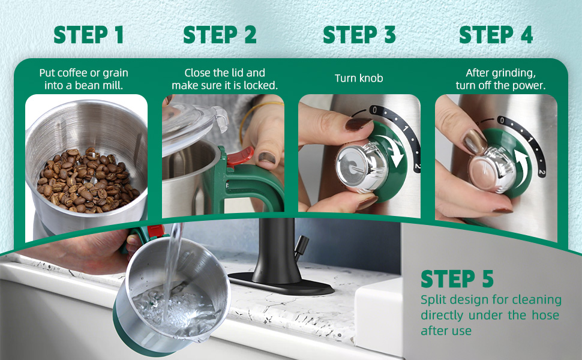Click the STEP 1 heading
tap(88, 35)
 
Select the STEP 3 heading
tap(359, 35)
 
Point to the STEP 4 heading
tap(496, 35)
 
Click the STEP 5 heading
tap(457, 279)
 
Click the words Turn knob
tap(359, 79)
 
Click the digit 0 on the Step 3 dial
tap(373, 110)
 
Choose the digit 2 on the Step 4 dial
tap(542, 172)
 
